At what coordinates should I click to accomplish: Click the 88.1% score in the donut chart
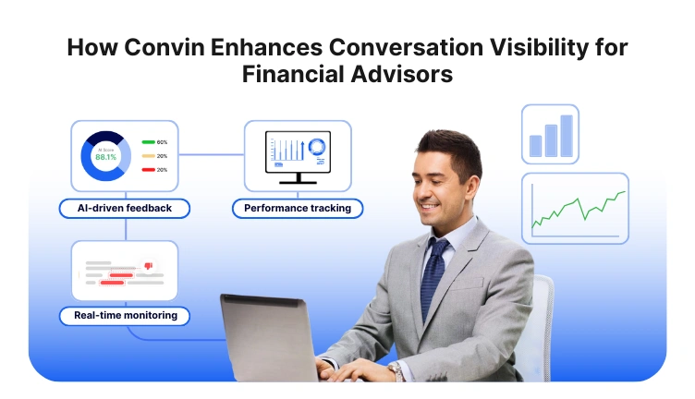105,157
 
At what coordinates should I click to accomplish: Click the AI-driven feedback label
125,208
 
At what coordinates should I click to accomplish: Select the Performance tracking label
298,209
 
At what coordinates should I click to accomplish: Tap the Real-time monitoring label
125,316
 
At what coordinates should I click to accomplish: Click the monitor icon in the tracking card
298,153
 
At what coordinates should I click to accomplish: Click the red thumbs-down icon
148,267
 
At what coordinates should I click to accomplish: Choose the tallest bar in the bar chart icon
567,136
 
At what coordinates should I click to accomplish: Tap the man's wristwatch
395,369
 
